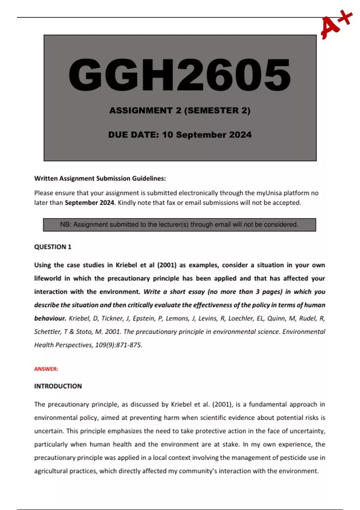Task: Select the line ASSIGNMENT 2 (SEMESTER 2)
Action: [180, 111]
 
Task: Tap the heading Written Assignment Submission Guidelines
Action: [100, 178]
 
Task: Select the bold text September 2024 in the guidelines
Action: [89, 203]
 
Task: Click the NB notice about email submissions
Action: [179, 225]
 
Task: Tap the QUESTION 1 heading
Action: [53, 247]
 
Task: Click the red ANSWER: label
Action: [46, 369]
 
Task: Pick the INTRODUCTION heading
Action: [58, 386]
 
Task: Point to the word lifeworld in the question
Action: [48, 278]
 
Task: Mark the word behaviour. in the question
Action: [50, 318]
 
